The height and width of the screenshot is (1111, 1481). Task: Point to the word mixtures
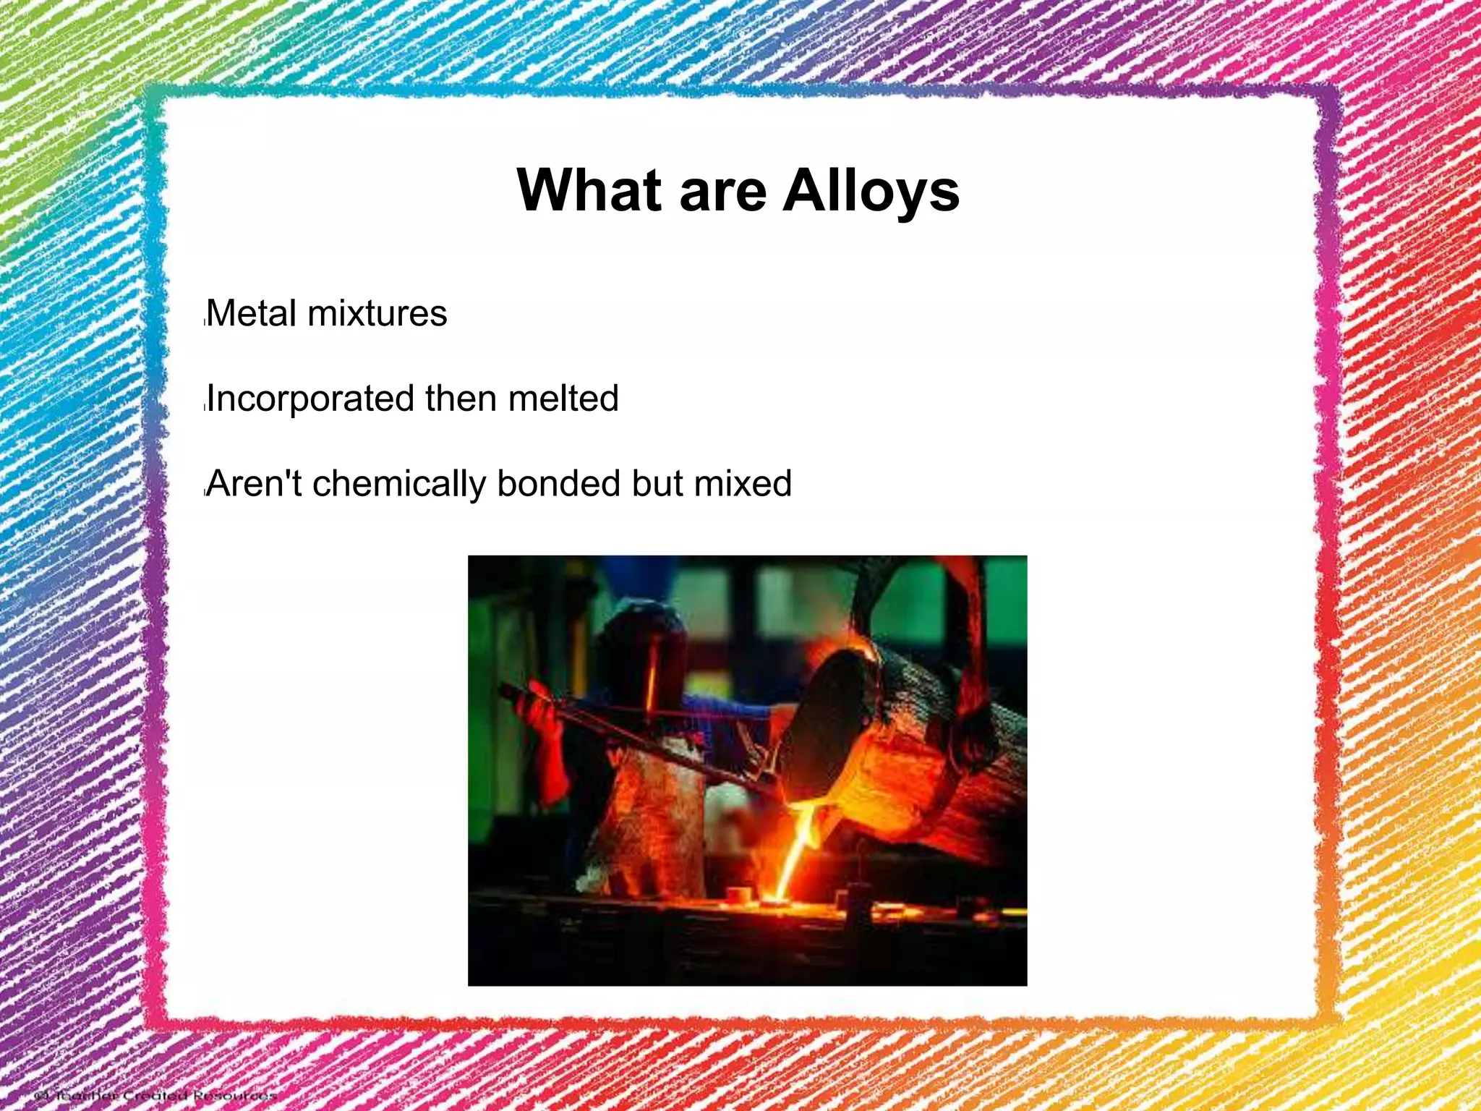[x=377, y=314]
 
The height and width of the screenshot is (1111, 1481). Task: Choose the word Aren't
[x=255, y=483]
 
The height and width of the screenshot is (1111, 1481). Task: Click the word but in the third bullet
[x=657, y=483]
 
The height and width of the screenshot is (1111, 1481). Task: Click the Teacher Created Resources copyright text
[x=155, y=1095]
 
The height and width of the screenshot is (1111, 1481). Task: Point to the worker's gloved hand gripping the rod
[x=539, y=712]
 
